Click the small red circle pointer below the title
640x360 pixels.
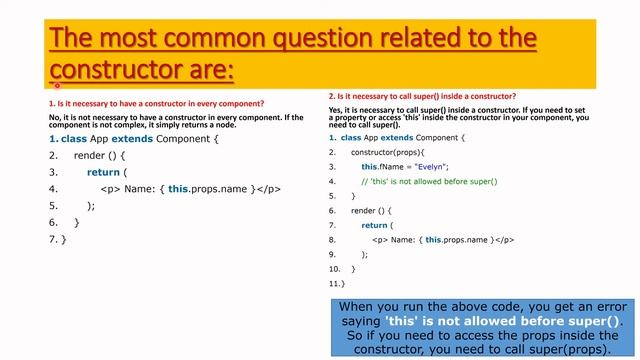point(58,86)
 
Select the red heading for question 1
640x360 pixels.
point(156,104)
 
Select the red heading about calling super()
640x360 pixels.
point(422,96)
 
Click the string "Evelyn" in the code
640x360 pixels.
point(431,166)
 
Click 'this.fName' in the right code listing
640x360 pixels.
point(382,166)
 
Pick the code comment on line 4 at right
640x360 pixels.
point(429,181)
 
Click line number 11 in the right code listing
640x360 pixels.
point(335,284)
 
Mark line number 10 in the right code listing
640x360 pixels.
point(335,269)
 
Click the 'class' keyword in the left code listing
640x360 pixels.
point(74,138)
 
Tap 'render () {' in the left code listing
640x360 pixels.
point(100,156)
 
